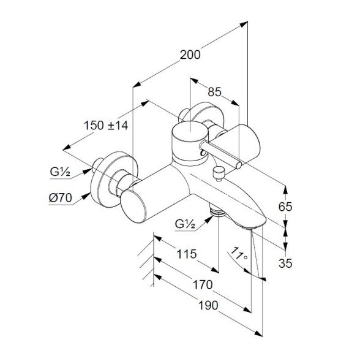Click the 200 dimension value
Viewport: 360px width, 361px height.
click(x=190, y=55)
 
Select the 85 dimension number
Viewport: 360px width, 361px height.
click(x=214, y=92)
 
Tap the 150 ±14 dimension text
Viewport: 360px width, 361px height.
click(x=106, y=126)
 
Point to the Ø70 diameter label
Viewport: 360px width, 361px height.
click(x=61, y=198)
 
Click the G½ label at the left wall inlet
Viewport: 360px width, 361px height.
click(x=60, y=172)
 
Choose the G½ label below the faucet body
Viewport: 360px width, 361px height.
click(x=185, y=224)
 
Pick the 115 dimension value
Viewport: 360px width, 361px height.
click(x=187, y=254)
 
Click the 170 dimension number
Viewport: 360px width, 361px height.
click(x=203, y=284)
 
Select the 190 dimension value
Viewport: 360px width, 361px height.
click(x=208, y=306)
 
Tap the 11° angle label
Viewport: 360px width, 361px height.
click(x=239, y=254)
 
